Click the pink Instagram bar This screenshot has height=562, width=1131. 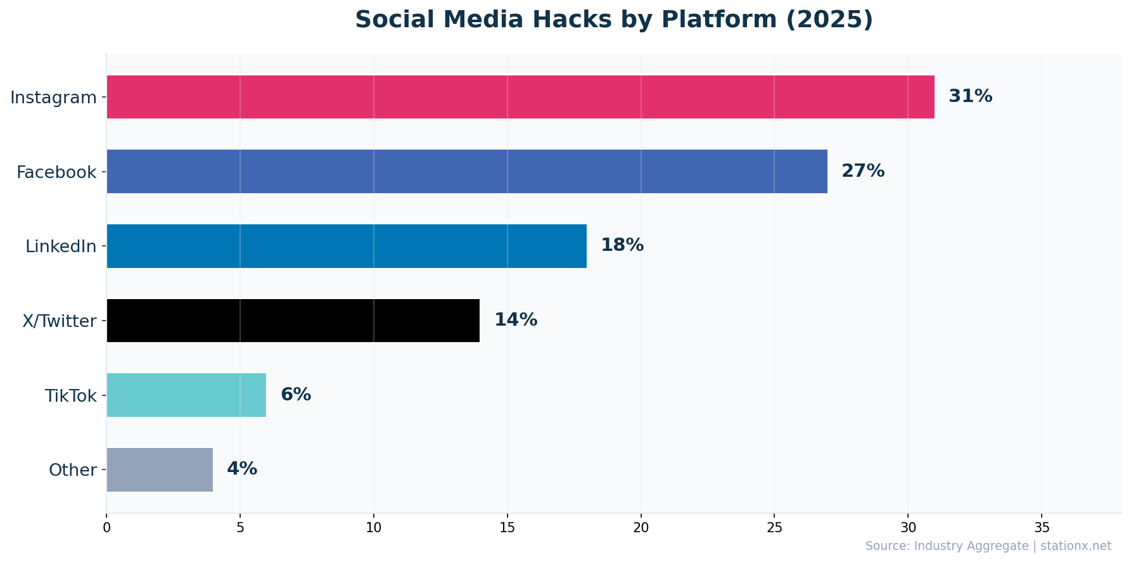click(520, 97)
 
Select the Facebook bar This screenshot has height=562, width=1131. click(467, 171)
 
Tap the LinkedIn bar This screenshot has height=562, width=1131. click(347, 246)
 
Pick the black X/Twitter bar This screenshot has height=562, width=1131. click(293, 321)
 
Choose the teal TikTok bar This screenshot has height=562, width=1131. click(186, 395)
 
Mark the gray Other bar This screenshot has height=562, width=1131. click(160, 469)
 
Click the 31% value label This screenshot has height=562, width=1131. click(970, 97)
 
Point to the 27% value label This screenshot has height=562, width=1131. click(862, 171)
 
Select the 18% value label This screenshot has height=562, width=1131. click(622, 246)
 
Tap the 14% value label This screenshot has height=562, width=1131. click(515, 321)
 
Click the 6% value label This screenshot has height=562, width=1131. click(295, 395)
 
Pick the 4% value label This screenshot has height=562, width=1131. click(241, 469)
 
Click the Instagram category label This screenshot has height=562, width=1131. click(53, 98)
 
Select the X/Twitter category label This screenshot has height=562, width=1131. click(59, 321)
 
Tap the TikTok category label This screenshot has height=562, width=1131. click(70, 396)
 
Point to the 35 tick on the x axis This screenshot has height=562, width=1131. click(1042, 528)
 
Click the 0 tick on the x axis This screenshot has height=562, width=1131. click(106, 528)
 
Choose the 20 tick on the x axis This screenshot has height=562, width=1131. click(641, 528)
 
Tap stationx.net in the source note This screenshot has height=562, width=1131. click(1075, 546)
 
